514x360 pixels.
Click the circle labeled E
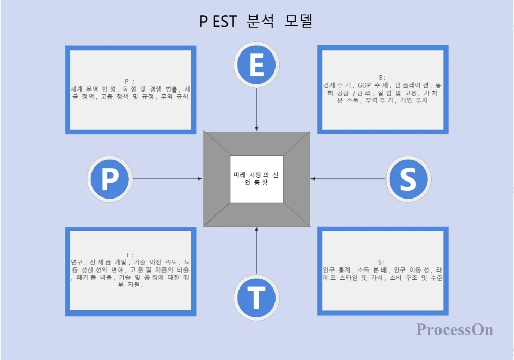256,64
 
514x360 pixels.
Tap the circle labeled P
109,179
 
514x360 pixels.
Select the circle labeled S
407,178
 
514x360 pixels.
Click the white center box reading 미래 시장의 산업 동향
256,178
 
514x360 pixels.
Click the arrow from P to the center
167,179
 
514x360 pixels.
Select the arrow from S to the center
348,179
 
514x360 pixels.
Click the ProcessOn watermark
455,329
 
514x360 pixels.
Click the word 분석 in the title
260,22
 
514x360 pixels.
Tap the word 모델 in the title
299,22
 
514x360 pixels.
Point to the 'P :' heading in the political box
130,81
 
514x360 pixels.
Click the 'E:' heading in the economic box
382,77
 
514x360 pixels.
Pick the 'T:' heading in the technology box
129,255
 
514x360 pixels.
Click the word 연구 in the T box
77,262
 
